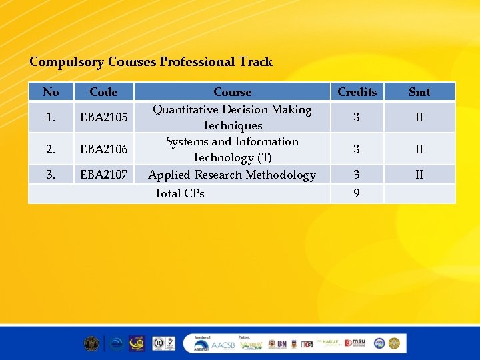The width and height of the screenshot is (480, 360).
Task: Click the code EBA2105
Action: click(x=103, y=118)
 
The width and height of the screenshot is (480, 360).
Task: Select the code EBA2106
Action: click(x=103, y=149)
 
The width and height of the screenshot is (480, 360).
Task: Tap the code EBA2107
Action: click(x=103, y=175)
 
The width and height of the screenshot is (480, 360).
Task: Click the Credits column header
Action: click(x=357, y=92)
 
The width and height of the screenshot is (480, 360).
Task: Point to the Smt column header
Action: click(x=419, y=92)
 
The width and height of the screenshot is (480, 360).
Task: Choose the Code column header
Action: click(x=103, y=92)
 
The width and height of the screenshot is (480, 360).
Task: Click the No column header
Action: click(x=51, y=92)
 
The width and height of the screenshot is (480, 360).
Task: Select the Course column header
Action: click(x=232, y=92)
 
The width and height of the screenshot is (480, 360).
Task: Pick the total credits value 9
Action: click(x=357, y=194)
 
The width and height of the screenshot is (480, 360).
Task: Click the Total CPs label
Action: click(x=179, y=194)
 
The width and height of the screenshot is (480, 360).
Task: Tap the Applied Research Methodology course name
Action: click(x=232, y=175)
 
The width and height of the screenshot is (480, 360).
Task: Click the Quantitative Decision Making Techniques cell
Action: click(x=232, y=117)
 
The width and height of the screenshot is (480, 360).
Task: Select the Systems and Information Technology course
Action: click(x=232, y=149)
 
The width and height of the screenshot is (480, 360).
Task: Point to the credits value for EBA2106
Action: click(x=357, y=149)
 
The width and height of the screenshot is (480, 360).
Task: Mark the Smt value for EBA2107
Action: click(x=419, y=175)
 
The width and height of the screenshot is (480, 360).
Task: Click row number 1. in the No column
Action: click(x=51, y=118)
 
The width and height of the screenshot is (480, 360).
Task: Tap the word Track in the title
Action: click(x=257, y=62)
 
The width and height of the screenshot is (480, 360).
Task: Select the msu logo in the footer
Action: click(x=357, y=343)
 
